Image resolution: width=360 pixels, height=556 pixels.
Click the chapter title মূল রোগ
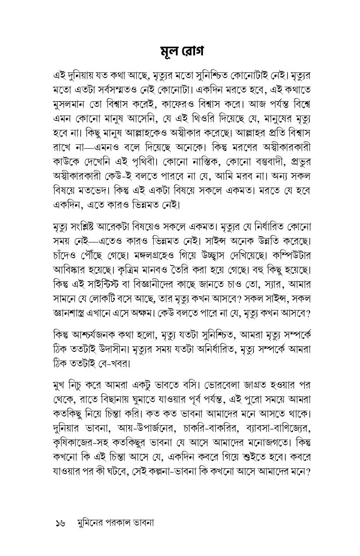click(180, 51)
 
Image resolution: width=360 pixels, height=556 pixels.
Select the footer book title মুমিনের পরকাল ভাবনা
click(115, 522)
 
